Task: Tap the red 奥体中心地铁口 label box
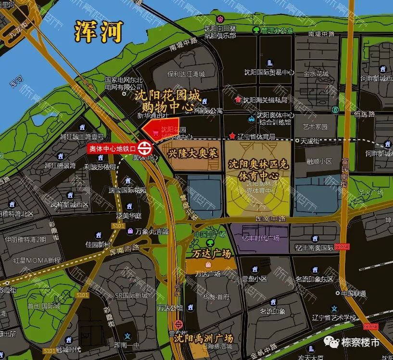112,149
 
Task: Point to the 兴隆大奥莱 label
193,154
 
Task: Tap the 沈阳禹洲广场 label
203,337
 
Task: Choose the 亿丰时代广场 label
260,238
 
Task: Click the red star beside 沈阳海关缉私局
238,100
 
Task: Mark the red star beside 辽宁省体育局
233,136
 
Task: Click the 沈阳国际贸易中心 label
269,73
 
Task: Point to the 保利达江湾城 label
186,74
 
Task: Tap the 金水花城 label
316,74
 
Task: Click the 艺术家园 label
315,127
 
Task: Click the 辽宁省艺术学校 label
333,317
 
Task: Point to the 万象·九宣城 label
152,231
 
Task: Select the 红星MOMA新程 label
37,260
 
